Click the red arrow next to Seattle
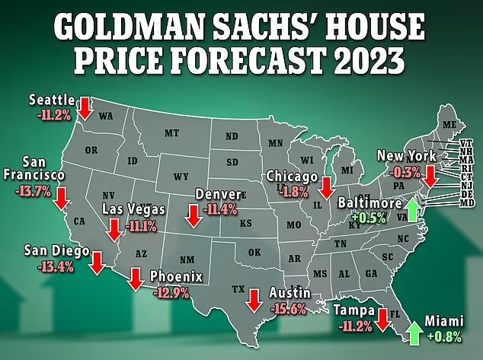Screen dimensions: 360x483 click(85, 107)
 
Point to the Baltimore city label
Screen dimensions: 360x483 click(369, 203)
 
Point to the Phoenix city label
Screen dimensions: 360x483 click(176, 276)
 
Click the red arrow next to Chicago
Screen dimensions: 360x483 click(326, 186)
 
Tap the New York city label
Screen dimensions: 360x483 click(406, 155)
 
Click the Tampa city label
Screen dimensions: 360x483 click(353, 311)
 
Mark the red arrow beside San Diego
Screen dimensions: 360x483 click(97, 263)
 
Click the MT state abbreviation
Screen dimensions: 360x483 click(171, 133)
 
